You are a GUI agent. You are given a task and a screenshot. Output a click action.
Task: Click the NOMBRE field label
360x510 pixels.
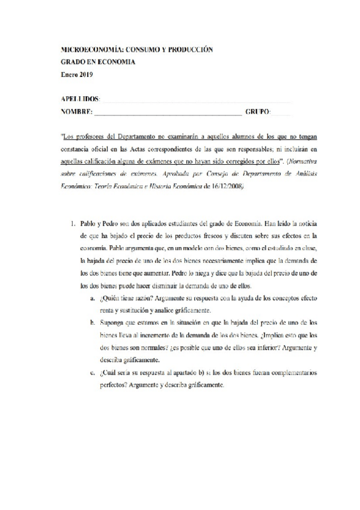[76, 112]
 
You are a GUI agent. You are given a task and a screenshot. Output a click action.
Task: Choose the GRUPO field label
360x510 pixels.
[258, 112]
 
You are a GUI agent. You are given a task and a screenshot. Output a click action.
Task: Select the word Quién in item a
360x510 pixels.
[106, 298]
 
